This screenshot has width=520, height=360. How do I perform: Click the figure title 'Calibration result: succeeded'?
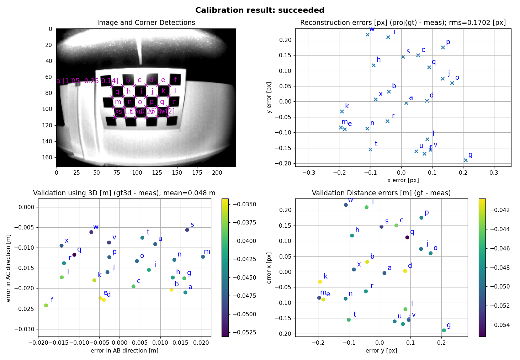260,10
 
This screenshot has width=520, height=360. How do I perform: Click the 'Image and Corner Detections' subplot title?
146,23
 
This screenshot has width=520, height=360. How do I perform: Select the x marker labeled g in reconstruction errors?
466,160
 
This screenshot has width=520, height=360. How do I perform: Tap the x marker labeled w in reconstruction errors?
367,35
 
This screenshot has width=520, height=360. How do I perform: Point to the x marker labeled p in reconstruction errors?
443,47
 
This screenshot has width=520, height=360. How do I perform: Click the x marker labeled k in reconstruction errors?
342,111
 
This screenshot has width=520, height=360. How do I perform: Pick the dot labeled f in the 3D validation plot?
46,305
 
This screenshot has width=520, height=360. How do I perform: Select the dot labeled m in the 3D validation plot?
203,256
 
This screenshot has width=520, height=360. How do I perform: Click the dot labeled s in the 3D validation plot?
187,230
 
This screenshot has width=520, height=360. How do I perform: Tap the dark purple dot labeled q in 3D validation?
74,255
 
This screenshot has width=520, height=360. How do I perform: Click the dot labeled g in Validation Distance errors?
444,330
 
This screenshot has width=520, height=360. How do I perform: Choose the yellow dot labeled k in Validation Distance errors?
320,282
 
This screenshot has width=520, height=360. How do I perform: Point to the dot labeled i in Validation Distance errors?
366,207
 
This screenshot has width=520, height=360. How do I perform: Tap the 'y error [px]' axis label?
269,97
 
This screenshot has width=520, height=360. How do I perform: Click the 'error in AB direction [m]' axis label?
124,351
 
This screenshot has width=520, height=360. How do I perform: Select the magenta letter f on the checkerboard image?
175,80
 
